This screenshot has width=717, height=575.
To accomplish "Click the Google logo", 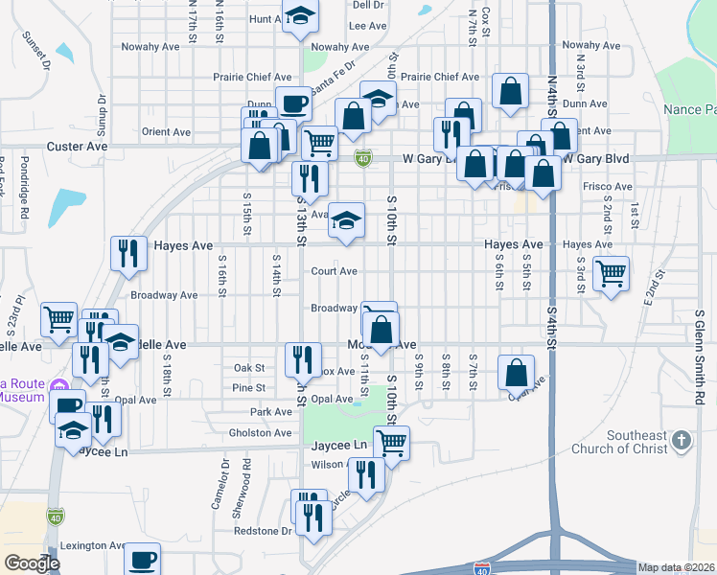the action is (32, 563).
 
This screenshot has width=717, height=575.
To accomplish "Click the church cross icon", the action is (681, 440).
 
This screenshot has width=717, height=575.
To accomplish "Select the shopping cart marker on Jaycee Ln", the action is (391, 443).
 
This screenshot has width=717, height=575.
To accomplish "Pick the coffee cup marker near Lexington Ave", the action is (142, 559).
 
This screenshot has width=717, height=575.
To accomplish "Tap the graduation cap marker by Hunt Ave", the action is (301, 17).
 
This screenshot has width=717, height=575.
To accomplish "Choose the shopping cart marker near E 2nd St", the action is (611, 273).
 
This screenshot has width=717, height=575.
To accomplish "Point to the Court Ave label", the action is (334, 271).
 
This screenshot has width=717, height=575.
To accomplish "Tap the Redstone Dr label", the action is (263, 530).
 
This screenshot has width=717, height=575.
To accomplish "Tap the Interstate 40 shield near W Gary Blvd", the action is (362, 158).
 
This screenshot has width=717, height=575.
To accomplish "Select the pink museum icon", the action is (59, 388).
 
